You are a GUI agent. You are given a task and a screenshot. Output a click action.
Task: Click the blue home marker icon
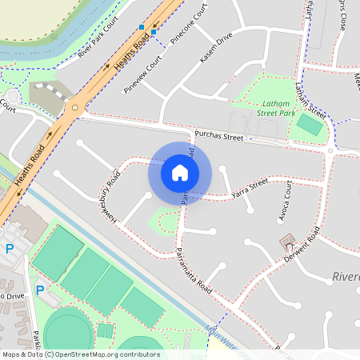180,172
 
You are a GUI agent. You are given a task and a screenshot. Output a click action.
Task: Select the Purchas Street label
218,137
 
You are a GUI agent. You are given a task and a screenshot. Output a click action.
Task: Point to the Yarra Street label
248,188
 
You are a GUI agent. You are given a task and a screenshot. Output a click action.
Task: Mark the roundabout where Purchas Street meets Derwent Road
330,150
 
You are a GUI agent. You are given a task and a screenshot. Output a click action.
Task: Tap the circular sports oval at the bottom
67,333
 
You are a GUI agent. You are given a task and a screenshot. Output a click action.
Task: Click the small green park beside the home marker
165,219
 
